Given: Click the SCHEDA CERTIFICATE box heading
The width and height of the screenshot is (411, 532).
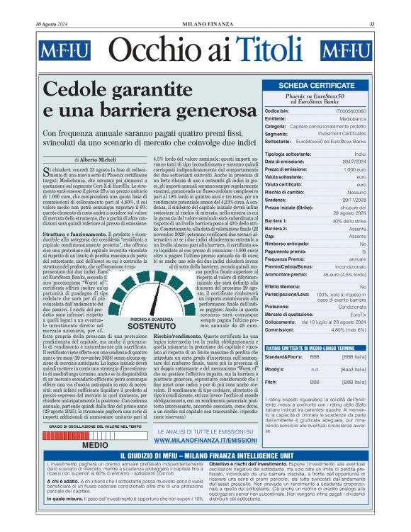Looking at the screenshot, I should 317,86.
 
